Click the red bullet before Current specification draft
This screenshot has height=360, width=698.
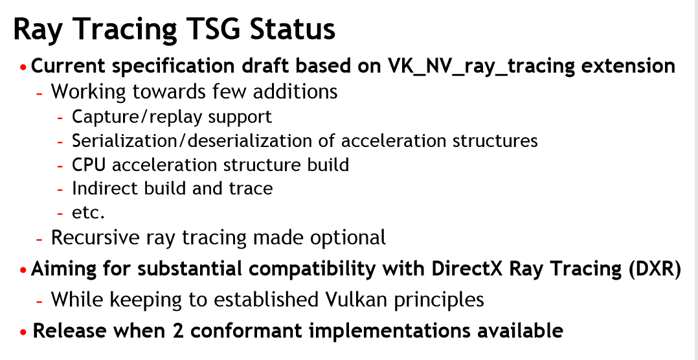(x=23, y=67)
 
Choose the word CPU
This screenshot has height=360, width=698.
(x=89, y=164)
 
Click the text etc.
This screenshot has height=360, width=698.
(x=88, y=213)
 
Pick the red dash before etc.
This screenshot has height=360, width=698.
(x=61, y=213)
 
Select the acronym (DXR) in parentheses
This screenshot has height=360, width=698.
(x=655, y=269)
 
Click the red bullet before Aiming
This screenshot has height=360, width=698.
(x=23, y=270)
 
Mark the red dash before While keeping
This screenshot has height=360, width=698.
(x=39, y=301)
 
